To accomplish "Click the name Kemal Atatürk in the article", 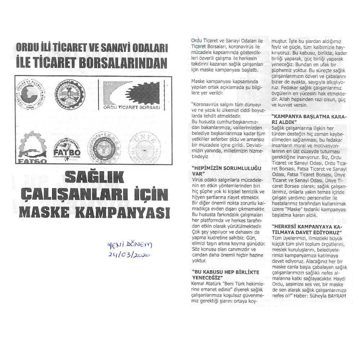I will [206, 283].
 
